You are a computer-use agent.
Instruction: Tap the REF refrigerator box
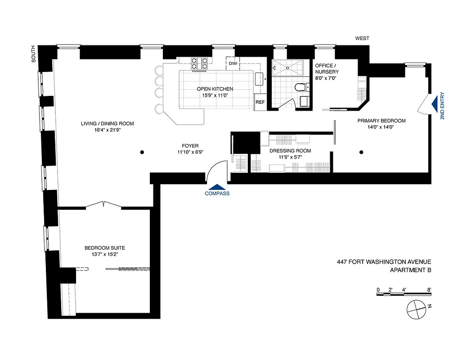(260, 102)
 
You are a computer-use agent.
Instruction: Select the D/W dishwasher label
(233, 63)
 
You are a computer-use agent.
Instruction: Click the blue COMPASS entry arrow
(217, 187)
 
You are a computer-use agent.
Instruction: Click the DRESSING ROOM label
(290, 151)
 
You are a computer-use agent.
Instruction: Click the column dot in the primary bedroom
(361, 152)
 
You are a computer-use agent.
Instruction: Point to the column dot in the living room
(142, 152)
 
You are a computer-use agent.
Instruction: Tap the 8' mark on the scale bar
(429, 289)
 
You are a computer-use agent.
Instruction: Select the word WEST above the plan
(362, 39)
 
